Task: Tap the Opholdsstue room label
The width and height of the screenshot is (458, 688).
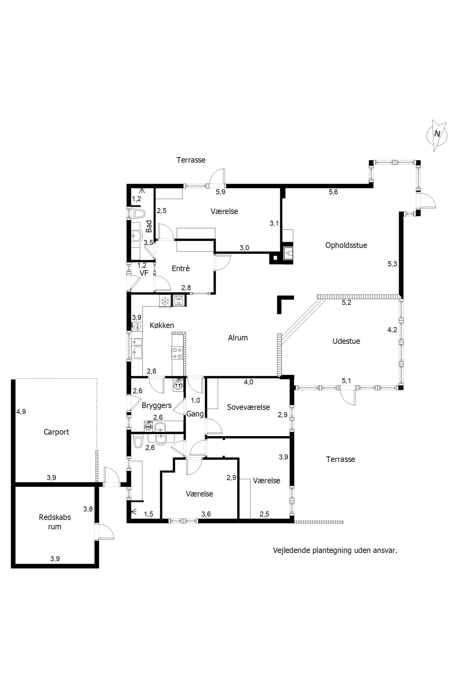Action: (x=346, y=246)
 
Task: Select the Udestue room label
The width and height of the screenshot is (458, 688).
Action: (x=346, y=341)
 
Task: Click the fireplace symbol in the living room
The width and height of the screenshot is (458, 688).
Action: (x=289, y=253)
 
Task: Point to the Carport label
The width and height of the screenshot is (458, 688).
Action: (x=56, y=432)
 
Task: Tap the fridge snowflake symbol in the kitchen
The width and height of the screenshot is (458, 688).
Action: (x=165, y=301)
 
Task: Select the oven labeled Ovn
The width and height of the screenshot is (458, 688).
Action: (x=179, y=301)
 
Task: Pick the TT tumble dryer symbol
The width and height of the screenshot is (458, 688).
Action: (x=178, y=386)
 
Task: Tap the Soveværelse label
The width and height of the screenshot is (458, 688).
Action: (x=249, y=407)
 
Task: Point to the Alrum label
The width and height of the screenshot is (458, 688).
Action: (x=238, y=338)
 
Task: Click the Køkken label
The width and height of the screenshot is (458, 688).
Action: (x=162, y=325)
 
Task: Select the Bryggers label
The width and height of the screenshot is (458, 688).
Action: (x=157, y=406)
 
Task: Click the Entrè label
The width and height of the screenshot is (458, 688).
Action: (x=181, y=268)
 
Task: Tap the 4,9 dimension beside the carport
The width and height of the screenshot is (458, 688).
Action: (x=21, y=412)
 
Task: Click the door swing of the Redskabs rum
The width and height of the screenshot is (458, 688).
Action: (x=106, y=532)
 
